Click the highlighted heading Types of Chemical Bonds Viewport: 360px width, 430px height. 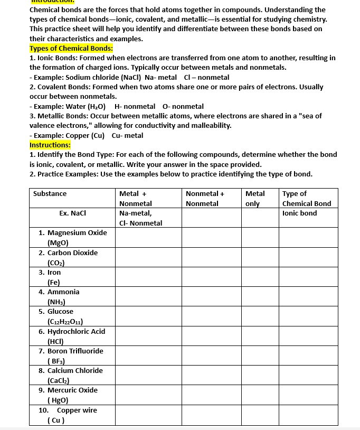click(71, 49)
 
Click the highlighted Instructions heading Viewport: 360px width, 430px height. click(50, 145)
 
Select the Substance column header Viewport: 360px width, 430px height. click(50, 194)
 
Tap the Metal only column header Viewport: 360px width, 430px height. click(255, 199)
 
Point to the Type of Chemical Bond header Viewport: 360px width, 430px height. click(307, 199)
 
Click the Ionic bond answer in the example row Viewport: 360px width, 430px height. click(300, 213)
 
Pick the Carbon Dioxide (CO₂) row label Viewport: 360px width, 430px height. click(69, 257)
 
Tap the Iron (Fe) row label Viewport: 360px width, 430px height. click(54, 277)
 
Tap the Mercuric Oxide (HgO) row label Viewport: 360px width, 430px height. click(72, 395)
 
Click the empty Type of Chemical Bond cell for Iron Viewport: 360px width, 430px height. click(308, 277)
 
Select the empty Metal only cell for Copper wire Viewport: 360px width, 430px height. click(260, 415)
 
